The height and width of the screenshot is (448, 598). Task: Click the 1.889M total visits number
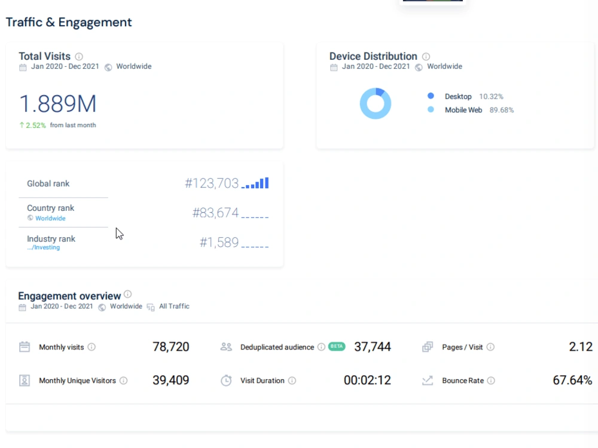(x=57, y=103)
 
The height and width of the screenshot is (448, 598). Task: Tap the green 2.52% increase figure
(x=36, y=125)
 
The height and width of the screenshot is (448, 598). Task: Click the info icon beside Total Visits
(x=79, y=57)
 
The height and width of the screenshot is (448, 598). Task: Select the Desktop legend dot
(x=431, y=96)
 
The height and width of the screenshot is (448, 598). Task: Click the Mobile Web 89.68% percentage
(x=502, y=110)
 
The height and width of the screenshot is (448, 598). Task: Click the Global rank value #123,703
(x=212, y=183)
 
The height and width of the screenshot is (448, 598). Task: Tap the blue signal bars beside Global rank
(x=255, y=183)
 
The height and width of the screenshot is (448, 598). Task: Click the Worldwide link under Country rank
(x=50, y=218)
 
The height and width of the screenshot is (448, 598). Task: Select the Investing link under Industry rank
(x=44, y=248)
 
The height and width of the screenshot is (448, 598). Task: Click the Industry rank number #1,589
(x=219, y=243)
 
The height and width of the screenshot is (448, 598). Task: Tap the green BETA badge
(x=336, y=346)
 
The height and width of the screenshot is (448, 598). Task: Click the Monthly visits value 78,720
(x=171, y=346)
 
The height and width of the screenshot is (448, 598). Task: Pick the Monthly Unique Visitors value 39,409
(x=171, y=380)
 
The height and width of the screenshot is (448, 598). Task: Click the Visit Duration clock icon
(x=226, y=380)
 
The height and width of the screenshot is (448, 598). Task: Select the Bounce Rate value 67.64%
(x=572, y=380)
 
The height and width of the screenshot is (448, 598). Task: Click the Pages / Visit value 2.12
(x=581, y=346)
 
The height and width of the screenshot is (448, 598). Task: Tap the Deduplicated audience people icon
(x=226, y=346)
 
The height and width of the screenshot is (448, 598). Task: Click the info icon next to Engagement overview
(x=128, y=294)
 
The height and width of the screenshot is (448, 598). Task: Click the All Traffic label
(x=174, y=306)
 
